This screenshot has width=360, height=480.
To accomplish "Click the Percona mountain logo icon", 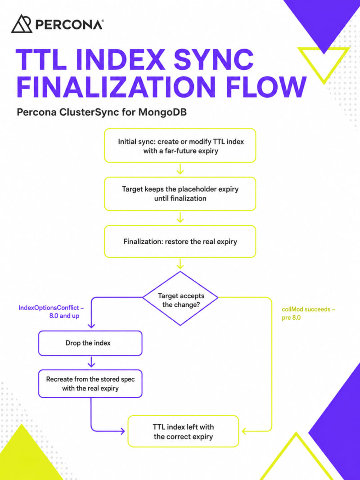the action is (22, 23).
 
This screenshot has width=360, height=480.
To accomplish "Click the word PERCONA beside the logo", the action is (69, 24).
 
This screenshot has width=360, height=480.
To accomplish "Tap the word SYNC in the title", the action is (214, 59).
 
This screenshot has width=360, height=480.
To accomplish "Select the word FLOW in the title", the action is (266, 87).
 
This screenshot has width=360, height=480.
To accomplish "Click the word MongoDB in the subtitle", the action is (162, 112).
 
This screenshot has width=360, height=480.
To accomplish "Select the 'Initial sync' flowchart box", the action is (180, 146).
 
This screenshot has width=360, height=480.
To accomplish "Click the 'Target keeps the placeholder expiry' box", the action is (180, 194).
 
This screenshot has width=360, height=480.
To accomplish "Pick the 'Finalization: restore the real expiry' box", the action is (180, 242).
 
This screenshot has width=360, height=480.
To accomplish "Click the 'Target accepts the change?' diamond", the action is (180, 298).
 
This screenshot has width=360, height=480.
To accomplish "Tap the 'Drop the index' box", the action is (90, 343).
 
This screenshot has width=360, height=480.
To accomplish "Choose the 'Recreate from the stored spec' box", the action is (90, 384).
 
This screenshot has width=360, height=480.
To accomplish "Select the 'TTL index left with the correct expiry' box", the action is (183, 431).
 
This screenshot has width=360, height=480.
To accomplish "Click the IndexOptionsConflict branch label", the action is (51, 312).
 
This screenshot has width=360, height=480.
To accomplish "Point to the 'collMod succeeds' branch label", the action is (308, 313).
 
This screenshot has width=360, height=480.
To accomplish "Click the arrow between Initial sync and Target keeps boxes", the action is (180, 169).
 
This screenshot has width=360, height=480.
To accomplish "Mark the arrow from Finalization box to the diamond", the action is (180, 264).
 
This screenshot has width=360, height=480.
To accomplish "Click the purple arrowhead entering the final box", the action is (123, 431).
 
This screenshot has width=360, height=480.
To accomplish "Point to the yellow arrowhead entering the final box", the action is (244, 431).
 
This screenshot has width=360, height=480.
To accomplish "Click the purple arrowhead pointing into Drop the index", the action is (91, 326).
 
